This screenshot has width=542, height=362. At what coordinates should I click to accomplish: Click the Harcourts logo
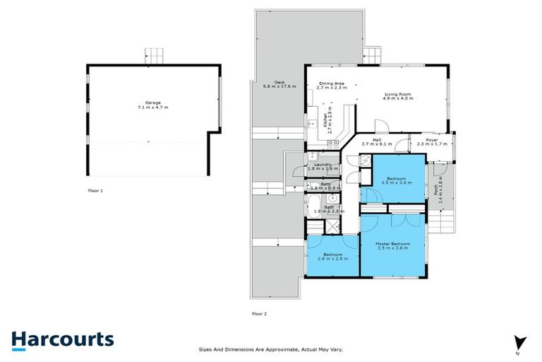coord(62,339)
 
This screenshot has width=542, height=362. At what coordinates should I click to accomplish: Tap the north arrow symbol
coord(520,341)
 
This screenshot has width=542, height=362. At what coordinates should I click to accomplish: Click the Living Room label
coord(398,93)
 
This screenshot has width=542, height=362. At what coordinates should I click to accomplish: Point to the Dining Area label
coord(331,83)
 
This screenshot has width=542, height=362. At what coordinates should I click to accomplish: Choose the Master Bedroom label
coord(393,243)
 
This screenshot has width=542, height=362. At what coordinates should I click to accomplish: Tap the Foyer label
coord(432,140)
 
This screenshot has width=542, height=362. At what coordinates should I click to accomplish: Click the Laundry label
coord(323,165)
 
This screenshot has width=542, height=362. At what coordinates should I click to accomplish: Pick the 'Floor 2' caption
coord(259,313)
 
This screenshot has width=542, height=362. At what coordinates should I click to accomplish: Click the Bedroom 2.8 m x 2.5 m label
coord(332,255)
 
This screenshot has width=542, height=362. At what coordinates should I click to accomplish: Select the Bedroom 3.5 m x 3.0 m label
coord(393,179)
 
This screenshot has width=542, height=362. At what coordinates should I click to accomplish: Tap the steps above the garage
coord(154,54)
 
